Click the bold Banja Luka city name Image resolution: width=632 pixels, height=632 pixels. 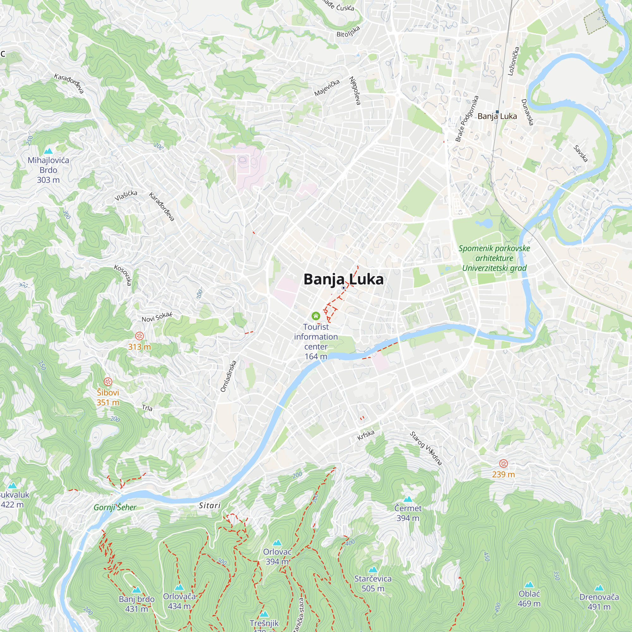click(x=343, y=279)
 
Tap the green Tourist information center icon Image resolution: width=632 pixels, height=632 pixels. click(x=316, y=316)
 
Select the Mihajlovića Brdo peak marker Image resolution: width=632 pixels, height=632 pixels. click(x=48, y=151)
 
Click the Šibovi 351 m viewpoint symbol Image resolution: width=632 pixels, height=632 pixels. click(x=108, y=381)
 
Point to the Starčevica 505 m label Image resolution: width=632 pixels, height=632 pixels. click(x=373, y=584)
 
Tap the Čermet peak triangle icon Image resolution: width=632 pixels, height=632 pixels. click(x=408, y=499)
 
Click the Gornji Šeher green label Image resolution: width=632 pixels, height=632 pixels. click(x=115, y=507)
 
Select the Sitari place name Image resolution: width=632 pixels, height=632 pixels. click(x=210, y=505)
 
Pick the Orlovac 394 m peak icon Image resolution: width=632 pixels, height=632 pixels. click(x=277, y=543)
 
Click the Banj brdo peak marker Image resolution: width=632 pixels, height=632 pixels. click(x=137, y=590)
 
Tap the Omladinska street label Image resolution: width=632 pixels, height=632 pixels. click(x=228, y=376)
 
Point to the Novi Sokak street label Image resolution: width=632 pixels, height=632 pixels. click(x=157, y=317)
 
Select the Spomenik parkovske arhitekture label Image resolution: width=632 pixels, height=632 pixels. click(x=494, y=258)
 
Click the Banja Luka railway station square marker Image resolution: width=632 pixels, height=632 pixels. click(x=497, y=112)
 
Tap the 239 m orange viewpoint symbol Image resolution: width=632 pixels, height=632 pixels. click(x=503, y=463)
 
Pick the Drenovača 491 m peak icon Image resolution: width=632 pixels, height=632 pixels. click(x=599, y=588)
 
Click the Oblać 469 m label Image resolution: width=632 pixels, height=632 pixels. click(x=529, y=598)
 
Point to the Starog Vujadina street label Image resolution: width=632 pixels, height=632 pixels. click(x=426, y=448)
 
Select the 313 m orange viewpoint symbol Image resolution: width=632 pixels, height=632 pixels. click(x=139, y=336)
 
